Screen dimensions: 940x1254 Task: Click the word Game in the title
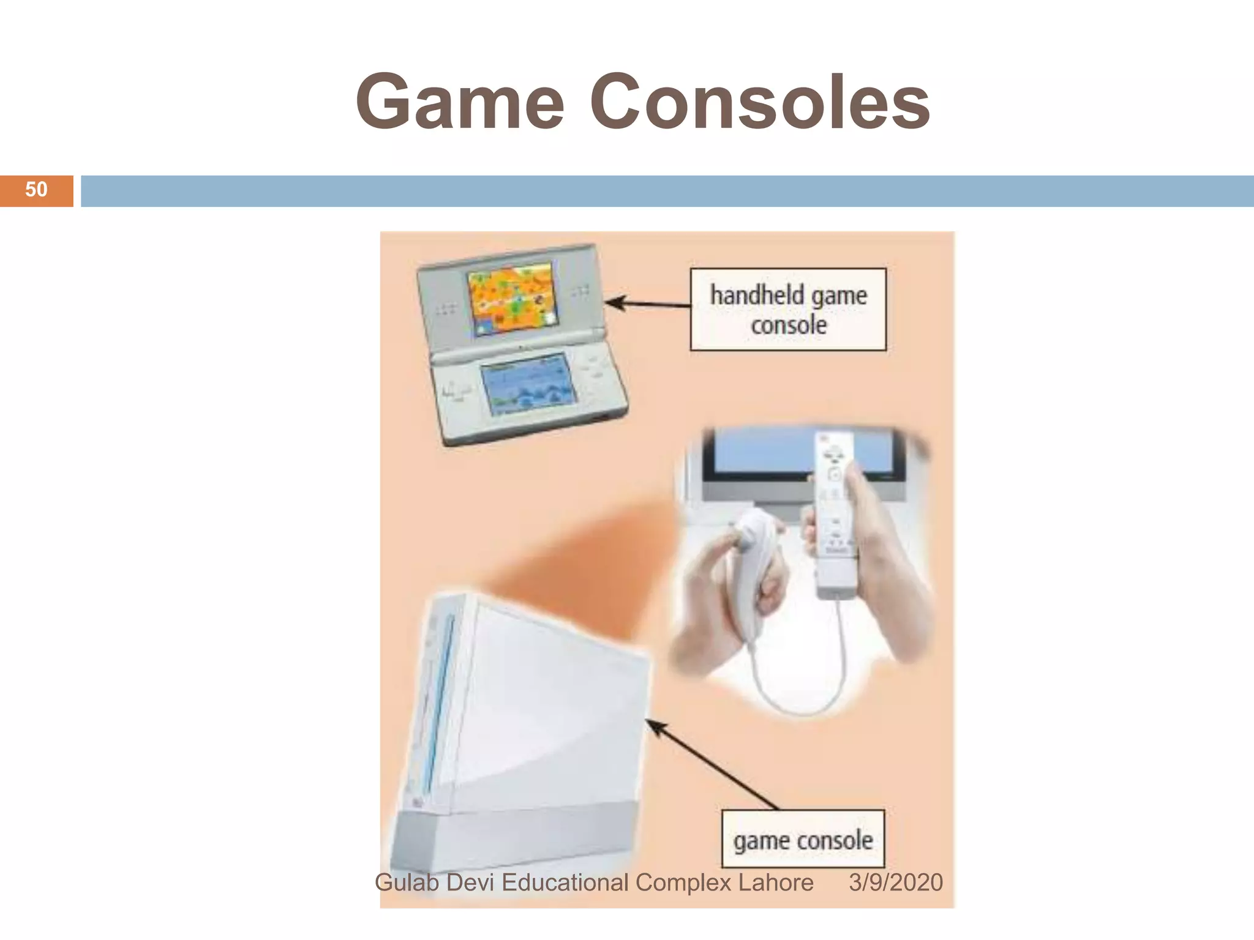click(x=459, y=103)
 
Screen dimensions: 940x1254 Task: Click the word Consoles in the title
click(x=759, y=102)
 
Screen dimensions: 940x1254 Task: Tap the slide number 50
click(x=36, y=190)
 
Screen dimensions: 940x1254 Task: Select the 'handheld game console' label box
click(x=788, y=309)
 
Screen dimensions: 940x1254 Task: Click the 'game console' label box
click(x=803, y=839)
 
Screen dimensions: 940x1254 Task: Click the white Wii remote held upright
click(x=834, y=514)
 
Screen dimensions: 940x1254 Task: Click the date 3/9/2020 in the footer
click(x=895, y=882)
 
